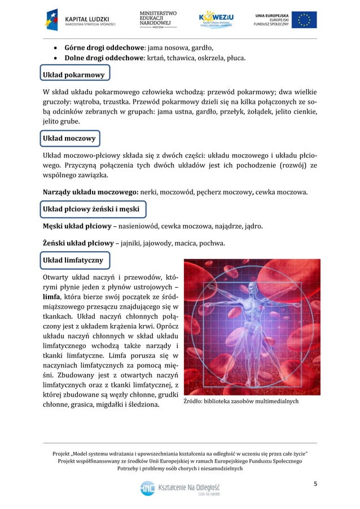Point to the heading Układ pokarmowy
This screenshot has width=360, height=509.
pyautogui.click(x=74, y=74)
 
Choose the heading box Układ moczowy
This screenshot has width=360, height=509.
pyautogui.click(x=69, y=138)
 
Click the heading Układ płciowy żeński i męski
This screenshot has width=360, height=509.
pyautogui.click(x=91, y=210)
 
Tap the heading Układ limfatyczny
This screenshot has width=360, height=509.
pyautogui.click(x=73, y=260)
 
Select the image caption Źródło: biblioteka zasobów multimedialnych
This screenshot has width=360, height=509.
pyautogui.click(x=241, y=402)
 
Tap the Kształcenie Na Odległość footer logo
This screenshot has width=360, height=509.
pyautogui.click(x=180, y=488)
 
